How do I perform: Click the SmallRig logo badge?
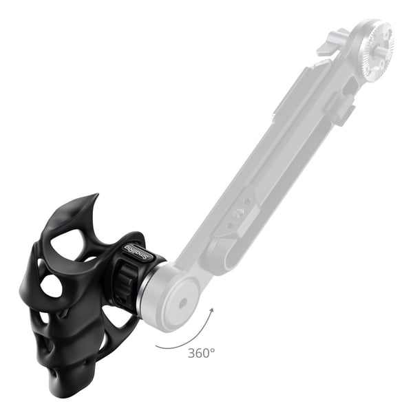(138, 252)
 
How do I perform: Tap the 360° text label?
(201, 353)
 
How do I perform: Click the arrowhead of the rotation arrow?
(211, 311)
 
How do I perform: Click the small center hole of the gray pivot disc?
(182, 303)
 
